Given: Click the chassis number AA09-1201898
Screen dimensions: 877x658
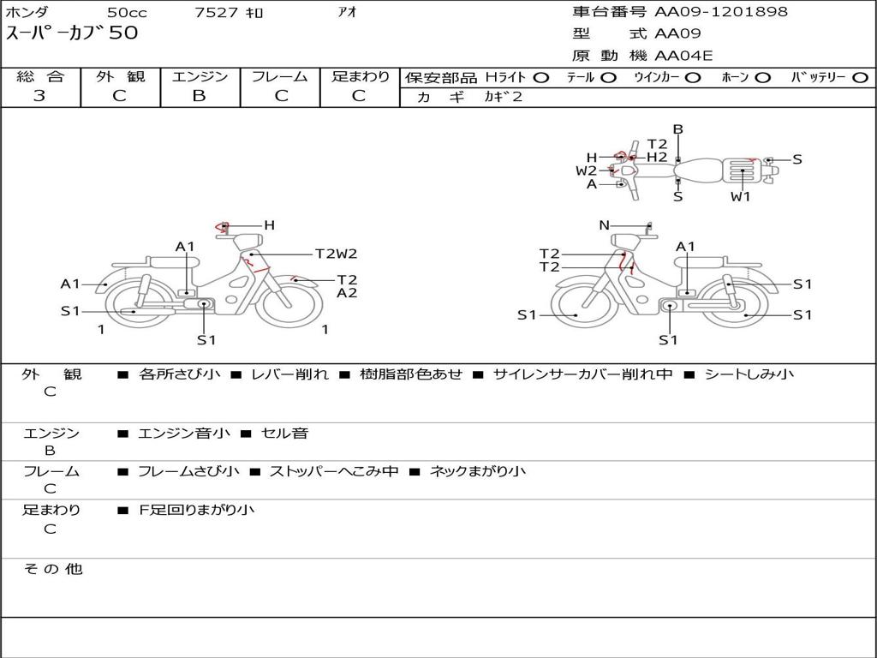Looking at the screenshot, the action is click(721, 11).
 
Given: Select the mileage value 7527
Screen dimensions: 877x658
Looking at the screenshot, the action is click(216, 12).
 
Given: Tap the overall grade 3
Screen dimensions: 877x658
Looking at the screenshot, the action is click(39, 96).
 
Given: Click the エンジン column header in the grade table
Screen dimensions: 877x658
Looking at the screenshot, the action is click(200, 76).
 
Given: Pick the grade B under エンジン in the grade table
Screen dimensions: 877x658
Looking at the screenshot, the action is click(199, 96).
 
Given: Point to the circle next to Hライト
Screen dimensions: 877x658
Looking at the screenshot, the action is click(541, 78).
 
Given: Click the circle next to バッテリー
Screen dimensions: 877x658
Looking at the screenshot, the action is click(860, 78).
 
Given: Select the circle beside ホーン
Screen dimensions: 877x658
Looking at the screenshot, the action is click(762, 78).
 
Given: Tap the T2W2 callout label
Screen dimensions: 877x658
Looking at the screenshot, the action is click(336, 254).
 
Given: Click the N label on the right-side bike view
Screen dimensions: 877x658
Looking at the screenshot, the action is click(604, 225).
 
